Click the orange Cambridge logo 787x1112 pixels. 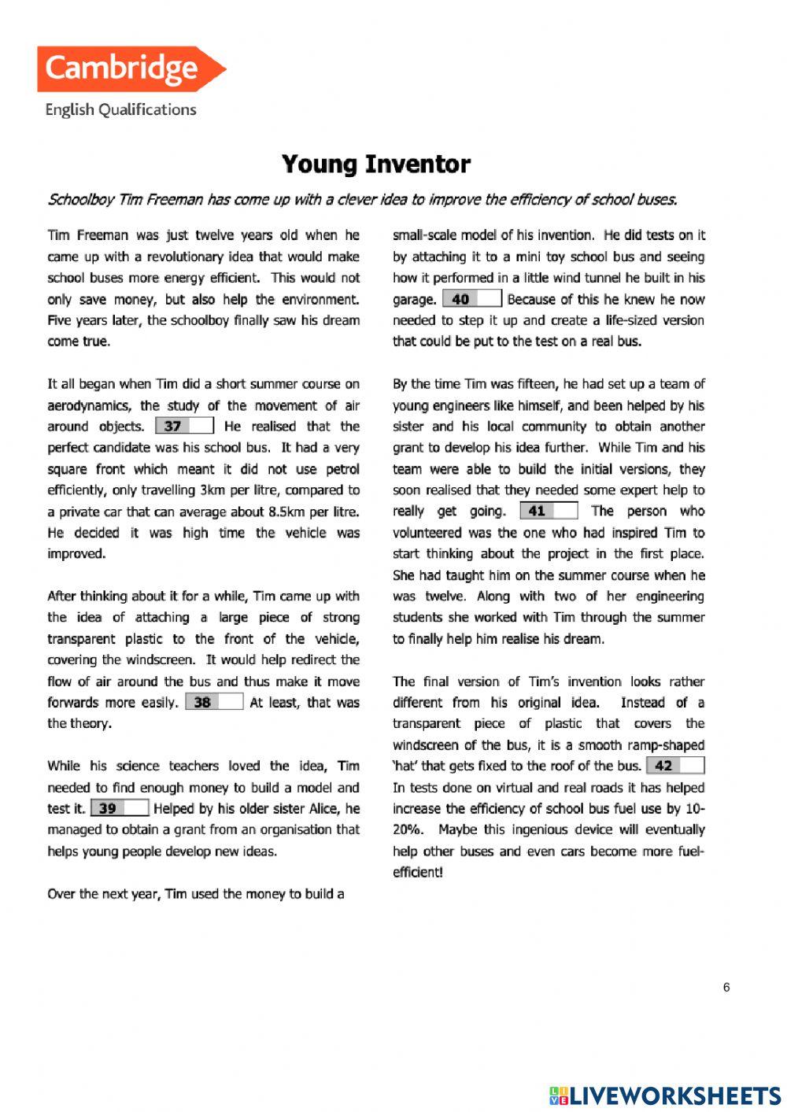click(x=130, y=69)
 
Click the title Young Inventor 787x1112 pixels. click(x=376, y=164)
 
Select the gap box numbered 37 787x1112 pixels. click(x=185, y=426)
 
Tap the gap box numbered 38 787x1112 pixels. click(x=214, y=702)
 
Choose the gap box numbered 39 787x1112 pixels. click(x=120, y=808)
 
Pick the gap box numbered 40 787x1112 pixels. click(x=472, y=299)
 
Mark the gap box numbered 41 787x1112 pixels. click(x=549, y=511)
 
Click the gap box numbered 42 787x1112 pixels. click(x=675, y=766)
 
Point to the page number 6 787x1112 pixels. click(x=726, y=988)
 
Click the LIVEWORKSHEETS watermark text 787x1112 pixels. click(x=674, y=1095)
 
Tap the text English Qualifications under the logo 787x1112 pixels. click(x=120, y=110)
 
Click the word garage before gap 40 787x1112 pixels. click(x=414, y=300)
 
